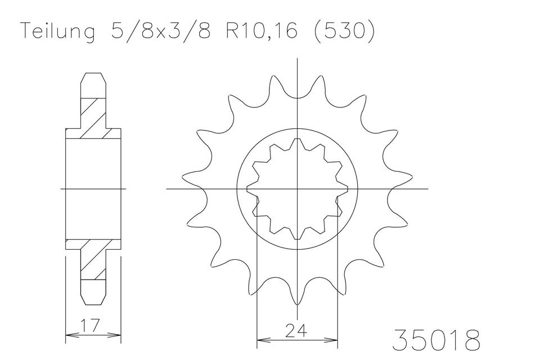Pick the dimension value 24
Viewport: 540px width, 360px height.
297,329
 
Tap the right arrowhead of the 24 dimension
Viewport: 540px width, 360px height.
336,340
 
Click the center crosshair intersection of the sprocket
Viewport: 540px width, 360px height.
297,189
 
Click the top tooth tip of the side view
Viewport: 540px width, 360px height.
93,74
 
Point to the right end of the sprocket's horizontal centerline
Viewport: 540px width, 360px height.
427,189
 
